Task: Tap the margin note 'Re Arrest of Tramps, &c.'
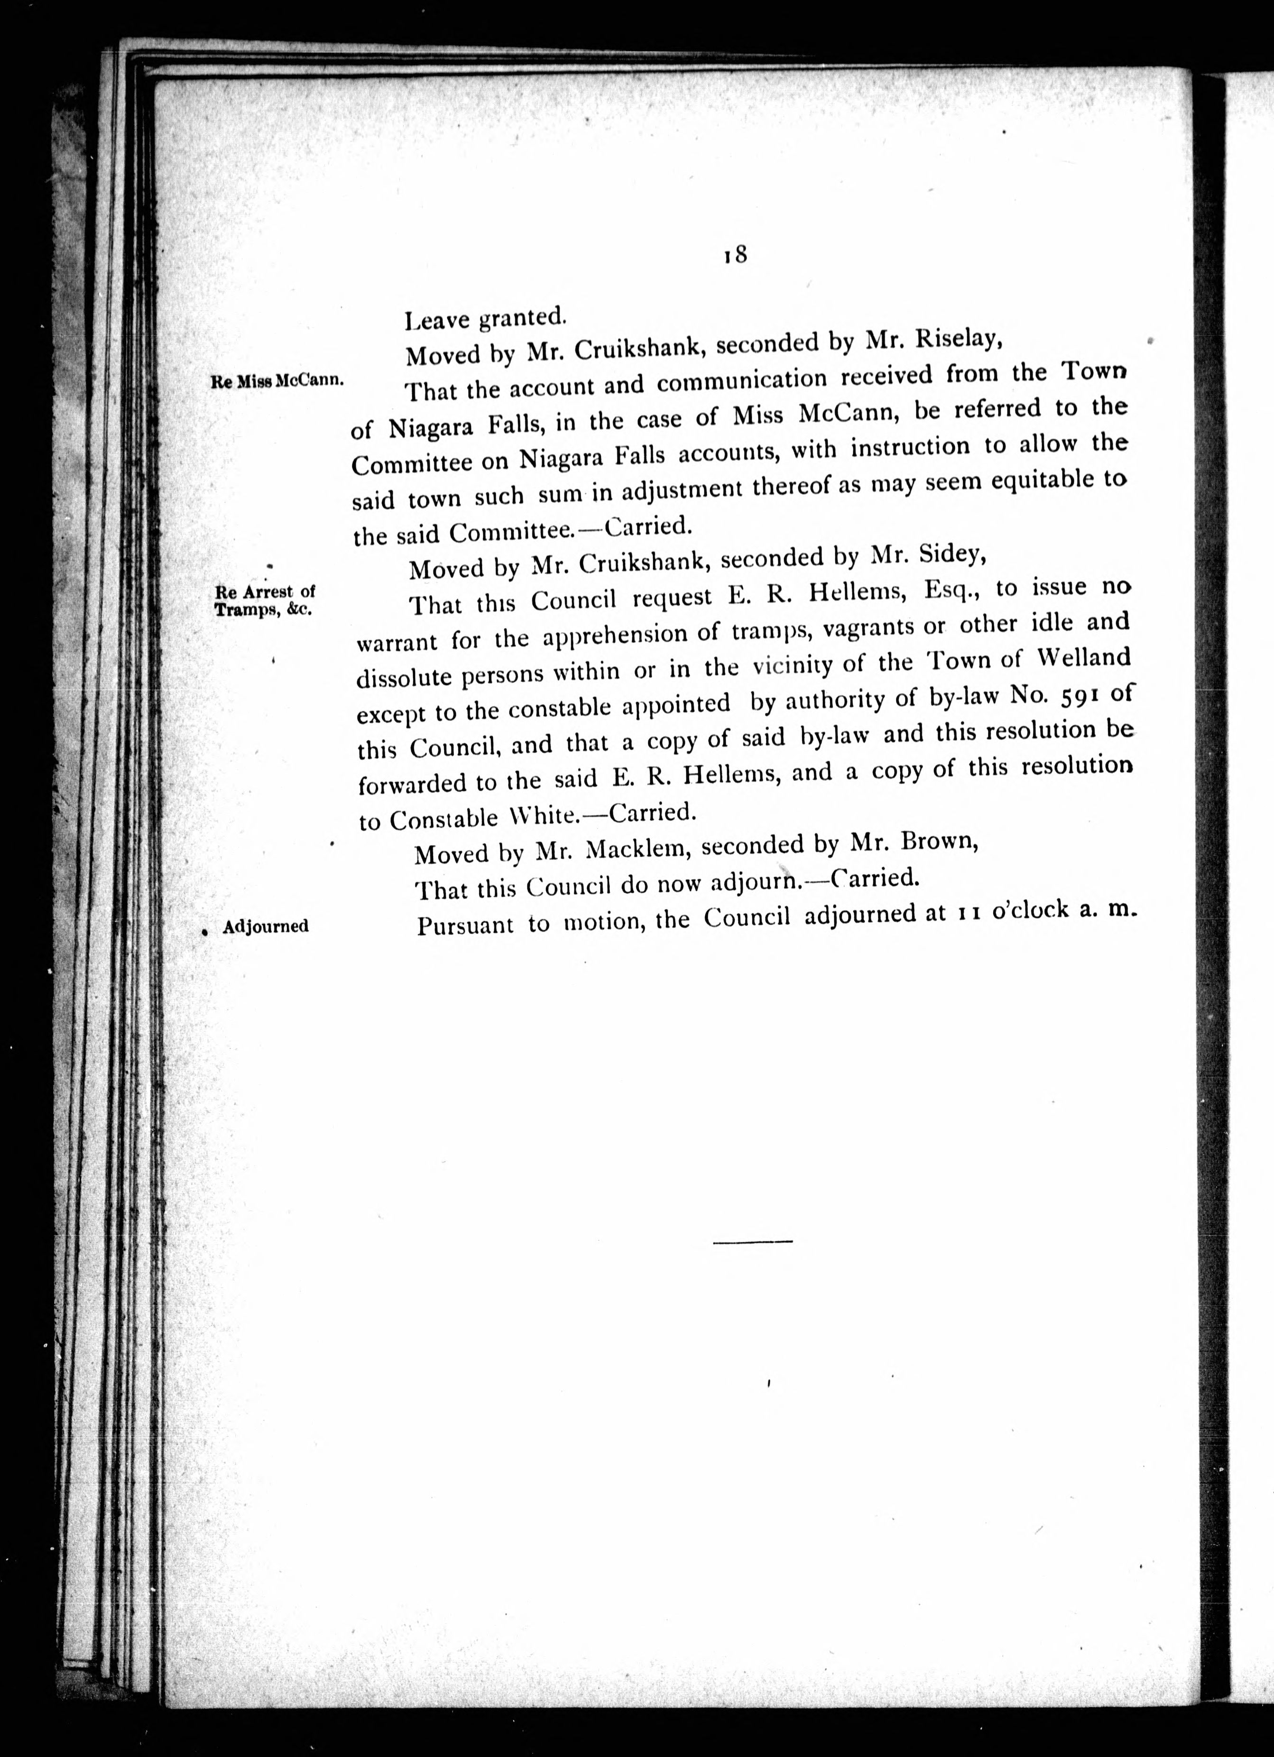point(264,601)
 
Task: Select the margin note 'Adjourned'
point(265,926)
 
